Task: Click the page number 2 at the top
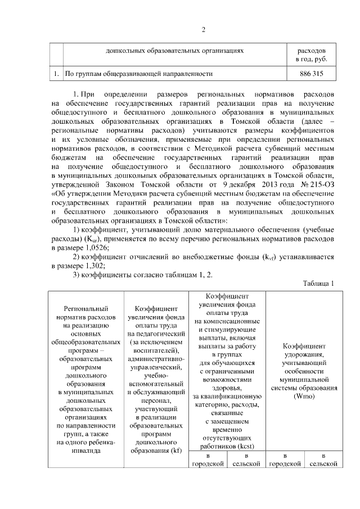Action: pos(204,30)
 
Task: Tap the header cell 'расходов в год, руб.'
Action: pos(311,55)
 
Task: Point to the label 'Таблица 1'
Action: pos(318,283)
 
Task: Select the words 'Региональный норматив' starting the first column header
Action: pos(86,313)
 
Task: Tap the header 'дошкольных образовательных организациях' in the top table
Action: pos(174,51)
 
